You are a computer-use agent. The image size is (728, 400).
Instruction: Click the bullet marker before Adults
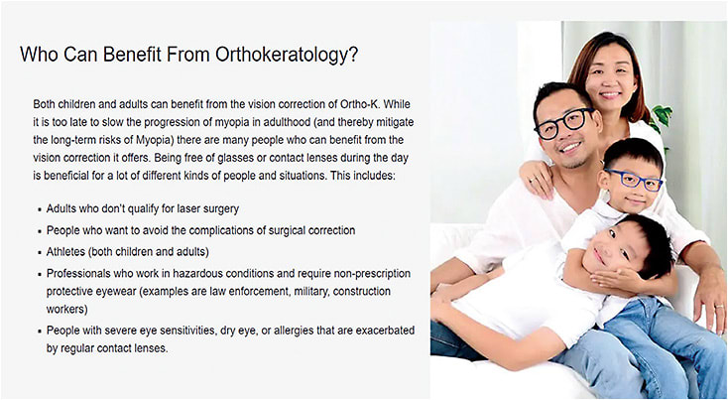click(x=39, y=209)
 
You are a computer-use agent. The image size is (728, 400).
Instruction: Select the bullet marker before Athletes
click(x=39, y=252)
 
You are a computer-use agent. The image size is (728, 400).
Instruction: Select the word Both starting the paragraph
click(x=48, y=104)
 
